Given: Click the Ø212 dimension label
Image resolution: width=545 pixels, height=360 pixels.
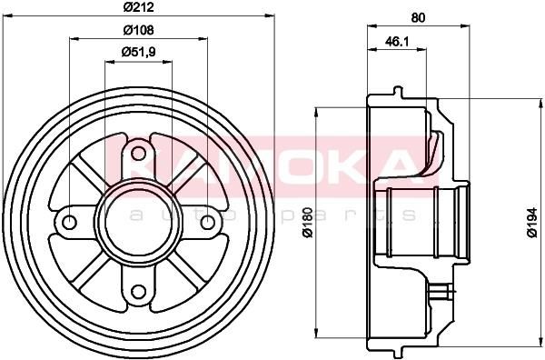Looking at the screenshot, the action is [x=138, y=7].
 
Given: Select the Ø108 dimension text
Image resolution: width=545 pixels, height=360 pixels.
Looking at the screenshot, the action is [x=138, y=30].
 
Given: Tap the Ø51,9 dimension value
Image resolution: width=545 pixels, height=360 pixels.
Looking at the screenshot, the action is [x=138, y=52].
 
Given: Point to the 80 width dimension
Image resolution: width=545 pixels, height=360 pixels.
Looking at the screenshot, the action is [x=418, y=17].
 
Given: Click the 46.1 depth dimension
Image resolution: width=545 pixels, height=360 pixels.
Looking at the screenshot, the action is [x=397, y=42].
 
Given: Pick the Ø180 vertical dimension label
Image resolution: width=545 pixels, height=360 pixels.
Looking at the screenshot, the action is [x=308, y=223].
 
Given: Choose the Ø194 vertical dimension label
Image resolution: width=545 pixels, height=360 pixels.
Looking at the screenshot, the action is [x=531, y=223].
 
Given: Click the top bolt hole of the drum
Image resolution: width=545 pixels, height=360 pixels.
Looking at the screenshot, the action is [x=138, y=154].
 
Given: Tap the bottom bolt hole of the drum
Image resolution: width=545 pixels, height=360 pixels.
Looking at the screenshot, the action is [x=138, y=292].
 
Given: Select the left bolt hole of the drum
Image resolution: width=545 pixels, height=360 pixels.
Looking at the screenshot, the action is [x=69, y=222].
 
